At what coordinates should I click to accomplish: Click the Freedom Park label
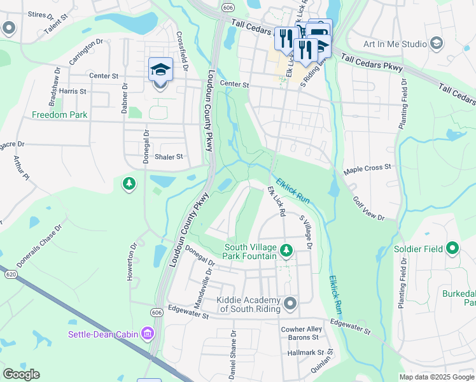click(x=60, y=115)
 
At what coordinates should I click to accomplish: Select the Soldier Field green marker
click(x=452, y=248)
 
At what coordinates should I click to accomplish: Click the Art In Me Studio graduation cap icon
click(x=436, y=44)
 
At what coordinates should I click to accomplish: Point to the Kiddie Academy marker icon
click(x=291, y=302)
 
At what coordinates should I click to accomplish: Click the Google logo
click(x=22, y=374)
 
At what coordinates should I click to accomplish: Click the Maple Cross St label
click(x=367, y=169)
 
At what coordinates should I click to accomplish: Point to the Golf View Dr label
click(x=369, y=208)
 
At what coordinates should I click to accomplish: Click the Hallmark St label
click(x=306, y=352)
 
